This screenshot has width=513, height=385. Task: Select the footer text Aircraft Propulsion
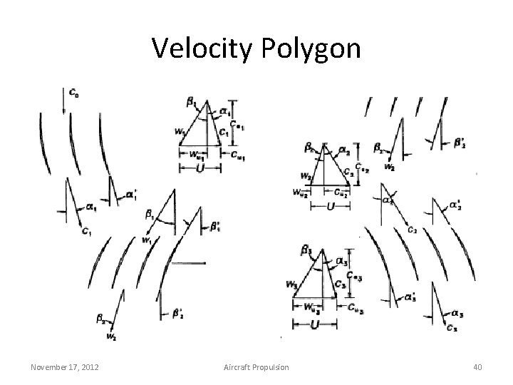tap(256, 366)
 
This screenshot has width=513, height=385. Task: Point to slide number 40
tap(477, 366)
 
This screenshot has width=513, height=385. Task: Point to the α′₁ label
tap(132, 193)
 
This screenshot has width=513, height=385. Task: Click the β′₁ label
tap(214, 227)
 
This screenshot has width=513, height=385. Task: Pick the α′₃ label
tap(410, 295)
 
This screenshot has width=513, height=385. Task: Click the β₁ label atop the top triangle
tap(192, 104)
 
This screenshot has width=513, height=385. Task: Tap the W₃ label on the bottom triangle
tap(291, 284)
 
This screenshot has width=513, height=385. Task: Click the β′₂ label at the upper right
tap(461, 142)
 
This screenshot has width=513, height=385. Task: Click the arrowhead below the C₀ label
tap(65, 111)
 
